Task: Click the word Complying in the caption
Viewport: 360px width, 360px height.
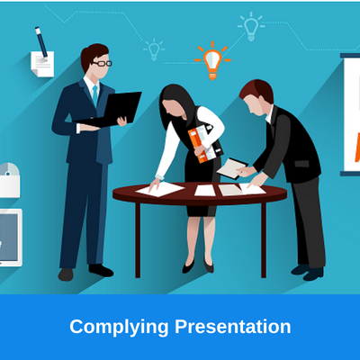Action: click(119, 328)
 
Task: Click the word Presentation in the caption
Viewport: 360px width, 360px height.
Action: click(233, 327)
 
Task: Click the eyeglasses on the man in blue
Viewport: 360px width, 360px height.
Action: click(103, 64)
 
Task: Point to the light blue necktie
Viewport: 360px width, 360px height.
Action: click(95, 95)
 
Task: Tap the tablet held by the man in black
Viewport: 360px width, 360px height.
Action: click(232, 168)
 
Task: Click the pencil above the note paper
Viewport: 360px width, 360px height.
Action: click(41, 43)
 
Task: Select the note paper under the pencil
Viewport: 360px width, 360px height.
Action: click(42, 64)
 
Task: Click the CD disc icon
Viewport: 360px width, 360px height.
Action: click(9, 169)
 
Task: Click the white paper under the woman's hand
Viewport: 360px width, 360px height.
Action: click(160, 190)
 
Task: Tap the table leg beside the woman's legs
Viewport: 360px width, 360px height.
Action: click(138, 240)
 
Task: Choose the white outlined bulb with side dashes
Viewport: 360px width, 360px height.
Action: click(251, 27)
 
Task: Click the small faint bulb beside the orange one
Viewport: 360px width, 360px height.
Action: click(154, 49)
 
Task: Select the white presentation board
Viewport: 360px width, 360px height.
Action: click(352, 114)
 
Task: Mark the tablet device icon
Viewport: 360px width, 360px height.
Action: click(10, 238)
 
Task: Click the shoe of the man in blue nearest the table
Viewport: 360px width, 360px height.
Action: click(101, 270)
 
